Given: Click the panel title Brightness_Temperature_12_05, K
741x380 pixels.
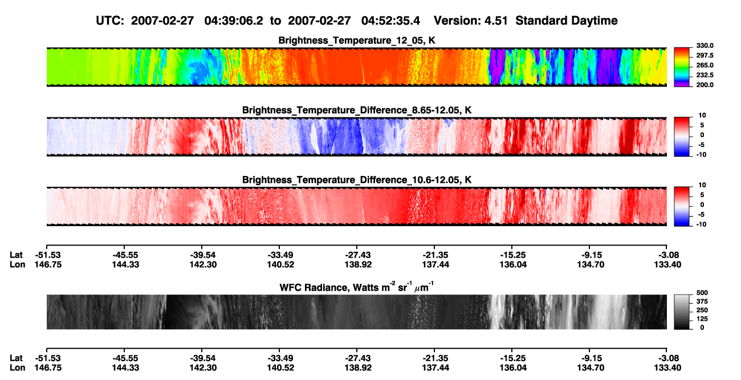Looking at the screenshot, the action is (x=357, y=40).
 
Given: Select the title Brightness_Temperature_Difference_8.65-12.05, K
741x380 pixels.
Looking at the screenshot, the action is (x=357, y=110).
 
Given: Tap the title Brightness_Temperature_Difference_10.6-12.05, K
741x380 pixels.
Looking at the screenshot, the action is (x=357, y=180).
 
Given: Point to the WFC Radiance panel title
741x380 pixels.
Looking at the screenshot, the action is (x=357, y=287).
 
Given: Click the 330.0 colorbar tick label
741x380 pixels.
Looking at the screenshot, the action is (x=705, y=46).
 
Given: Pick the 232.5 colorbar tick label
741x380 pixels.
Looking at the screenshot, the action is (x=705, y=75).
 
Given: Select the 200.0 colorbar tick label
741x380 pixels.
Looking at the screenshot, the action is (x=705, y=85).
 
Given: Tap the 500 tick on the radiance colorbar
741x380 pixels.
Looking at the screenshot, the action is (x=702, y=293).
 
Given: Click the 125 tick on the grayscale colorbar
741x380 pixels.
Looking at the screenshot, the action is (x=702, y=319).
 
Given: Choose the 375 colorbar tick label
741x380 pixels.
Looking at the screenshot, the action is (x=702, y=301).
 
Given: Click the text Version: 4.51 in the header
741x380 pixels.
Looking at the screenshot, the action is (x=470, y=21).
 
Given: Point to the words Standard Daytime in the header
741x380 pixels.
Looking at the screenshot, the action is (x=567, y=21).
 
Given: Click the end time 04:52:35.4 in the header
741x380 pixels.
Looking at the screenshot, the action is (x=390, y=21).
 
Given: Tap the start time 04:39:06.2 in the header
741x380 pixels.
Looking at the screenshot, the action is (x=234, y=21).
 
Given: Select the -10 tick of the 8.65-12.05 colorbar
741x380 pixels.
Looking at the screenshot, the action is (x=701, y=155).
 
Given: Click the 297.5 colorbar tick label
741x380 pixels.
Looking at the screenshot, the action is (x=705, y=55).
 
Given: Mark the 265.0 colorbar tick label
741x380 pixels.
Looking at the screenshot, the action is (x=705, y=65).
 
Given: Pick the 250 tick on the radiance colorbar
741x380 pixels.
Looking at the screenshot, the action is (x=702, y=310).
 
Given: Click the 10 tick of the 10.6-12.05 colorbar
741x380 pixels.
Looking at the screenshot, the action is (x=702, y=185).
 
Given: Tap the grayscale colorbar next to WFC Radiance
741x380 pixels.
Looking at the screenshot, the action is (x=682, y=312).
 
